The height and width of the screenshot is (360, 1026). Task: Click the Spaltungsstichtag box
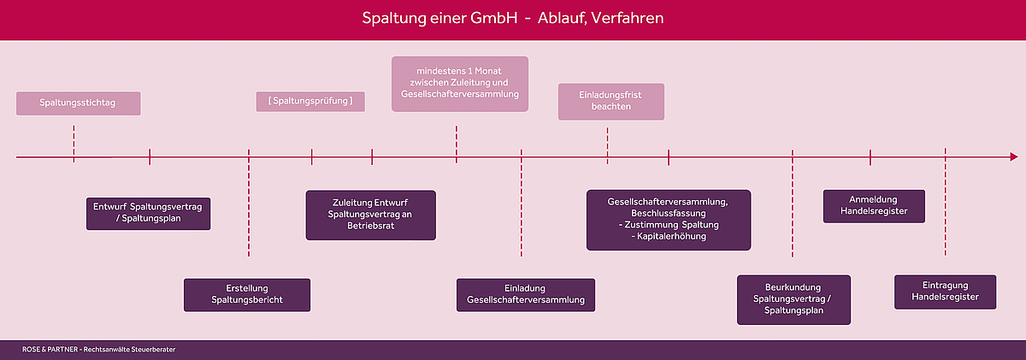[79, 103]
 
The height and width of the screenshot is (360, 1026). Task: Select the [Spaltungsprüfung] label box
[310, 101]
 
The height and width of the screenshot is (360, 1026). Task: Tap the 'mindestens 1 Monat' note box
[460, 84]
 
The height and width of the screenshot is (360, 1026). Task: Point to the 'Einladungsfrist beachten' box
[611, 101]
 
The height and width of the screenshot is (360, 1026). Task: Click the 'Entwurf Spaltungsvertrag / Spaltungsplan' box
[149, 214]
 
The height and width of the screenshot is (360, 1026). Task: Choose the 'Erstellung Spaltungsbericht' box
[247, 295]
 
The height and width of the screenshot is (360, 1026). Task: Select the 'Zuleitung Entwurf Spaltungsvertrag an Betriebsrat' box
[371, 215]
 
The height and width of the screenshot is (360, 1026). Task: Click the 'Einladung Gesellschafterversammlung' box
[526, 295]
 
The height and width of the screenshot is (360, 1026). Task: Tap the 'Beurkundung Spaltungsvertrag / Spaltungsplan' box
[793, 299]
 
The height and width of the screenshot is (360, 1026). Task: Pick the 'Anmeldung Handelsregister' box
[874, 206]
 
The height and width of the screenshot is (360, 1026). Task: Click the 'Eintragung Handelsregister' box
[946, 292]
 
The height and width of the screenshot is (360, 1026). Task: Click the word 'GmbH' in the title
[494, 18]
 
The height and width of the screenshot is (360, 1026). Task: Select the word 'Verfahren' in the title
[627, 18]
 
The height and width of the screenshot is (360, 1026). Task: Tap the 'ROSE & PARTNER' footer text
[50, 350]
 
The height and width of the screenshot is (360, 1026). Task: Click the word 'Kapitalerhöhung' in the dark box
[671, 236]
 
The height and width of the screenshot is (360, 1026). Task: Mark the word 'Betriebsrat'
[370, 226]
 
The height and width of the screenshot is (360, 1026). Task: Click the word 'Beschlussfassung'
[669, 214]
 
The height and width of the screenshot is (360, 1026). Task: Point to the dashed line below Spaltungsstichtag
[74, 144]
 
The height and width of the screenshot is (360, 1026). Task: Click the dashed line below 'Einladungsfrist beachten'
[608, 145]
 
